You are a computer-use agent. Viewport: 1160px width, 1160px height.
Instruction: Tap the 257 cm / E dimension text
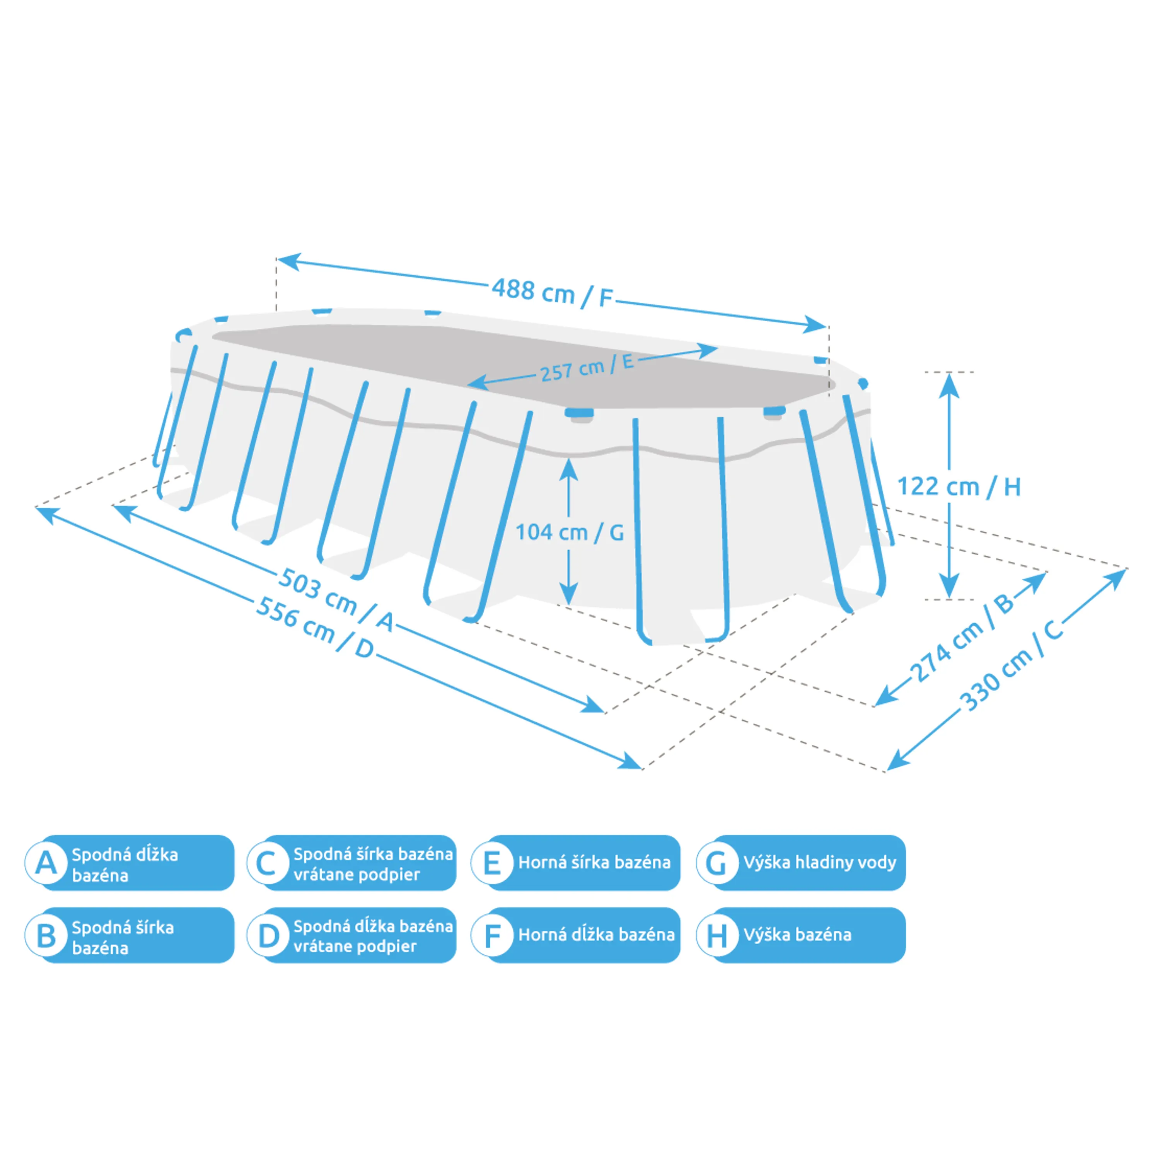[x=587, y=367]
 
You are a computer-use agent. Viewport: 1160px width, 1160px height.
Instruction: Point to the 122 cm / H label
[x=958, y=486]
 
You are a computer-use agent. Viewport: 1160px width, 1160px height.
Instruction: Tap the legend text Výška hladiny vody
[x=820, y=863]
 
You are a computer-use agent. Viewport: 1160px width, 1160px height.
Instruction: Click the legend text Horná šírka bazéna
[x=594, y=863]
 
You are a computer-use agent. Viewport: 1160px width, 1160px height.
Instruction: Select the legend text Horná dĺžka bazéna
[x=596, y=935]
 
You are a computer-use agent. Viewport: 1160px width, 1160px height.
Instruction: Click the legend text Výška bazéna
[x=797, y=935]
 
